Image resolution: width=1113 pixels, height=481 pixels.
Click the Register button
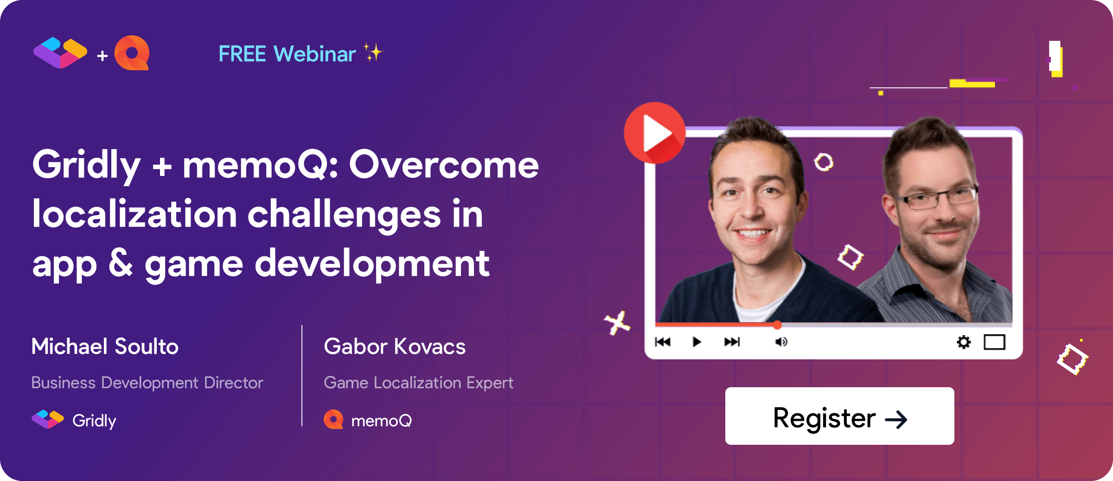[x=839, y=416]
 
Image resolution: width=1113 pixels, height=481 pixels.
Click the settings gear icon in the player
[x=964, y=342]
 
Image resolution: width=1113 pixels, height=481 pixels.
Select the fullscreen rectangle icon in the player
[x=994, y=342]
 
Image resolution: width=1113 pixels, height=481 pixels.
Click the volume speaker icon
[x=781, y=342]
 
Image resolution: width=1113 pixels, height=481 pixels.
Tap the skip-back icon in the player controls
[x=663, y=342]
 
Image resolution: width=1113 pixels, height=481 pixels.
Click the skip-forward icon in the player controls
[x=732, y=342]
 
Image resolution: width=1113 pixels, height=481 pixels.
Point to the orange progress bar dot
[x=777, y=325]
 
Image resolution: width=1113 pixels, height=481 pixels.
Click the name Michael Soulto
[x=105, y=346]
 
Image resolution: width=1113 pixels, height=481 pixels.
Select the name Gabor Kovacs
[x=395, y=346]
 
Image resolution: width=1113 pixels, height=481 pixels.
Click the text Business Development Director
[x=147, y=383]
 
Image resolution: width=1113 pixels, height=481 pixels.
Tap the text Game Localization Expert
[x=418, y=383]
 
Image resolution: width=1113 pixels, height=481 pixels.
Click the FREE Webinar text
[x=287, y=54]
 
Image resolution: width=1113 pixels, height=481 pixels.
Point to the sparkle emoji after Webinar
[x=373, y=52]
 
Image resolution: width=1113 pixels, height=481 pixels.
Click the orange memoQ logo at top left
[x=132, y=53]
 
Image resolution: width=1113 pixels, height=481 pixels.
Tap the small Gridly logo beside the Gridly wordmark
[x=47, y=419]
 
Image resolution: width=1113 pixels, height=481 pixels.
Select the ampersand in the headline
[x=121, y=263]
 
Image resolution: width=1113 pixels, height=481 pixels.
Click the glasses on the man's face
[x=937, y=197]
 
